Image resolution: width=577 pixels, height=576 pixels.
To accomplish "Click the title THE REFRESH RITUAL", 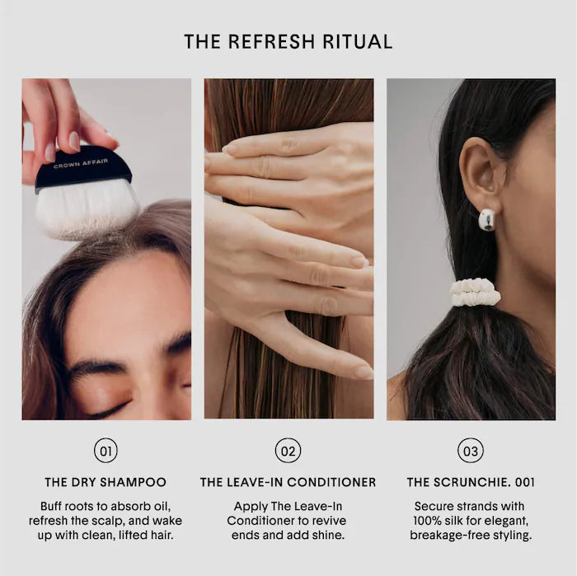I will coord(288,41).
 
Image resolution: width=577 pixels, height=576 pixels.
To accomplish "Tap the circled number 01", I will coord(106,451).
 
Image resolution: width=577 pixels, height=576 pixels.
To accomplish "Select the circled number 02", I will coord(288,451).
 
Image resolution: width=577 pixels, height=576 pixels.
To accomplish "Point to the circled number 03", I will coord(470,451).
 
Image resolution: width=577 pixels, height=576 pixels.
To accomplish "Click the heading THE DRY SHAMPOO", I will coord(106,482).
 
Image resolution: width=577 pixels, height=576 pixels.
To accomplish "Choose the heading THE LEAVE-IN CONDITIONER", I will coord(288,482).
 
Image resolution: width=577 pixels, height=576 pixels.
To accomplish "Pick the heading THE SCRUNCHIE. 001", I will coord(470,482).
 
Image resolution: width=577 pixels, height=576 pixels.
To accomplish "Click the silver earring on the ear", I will coord(487,219).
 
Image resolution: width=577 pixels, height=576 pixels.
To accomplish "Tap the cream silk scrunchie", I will coord(475,293).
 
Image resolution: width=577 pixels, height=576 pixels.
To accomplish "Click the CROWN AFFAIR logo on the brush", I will coord(80,165).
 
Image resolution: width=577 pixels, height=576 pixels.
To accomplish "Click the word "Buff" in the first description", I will coord(54,506).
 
